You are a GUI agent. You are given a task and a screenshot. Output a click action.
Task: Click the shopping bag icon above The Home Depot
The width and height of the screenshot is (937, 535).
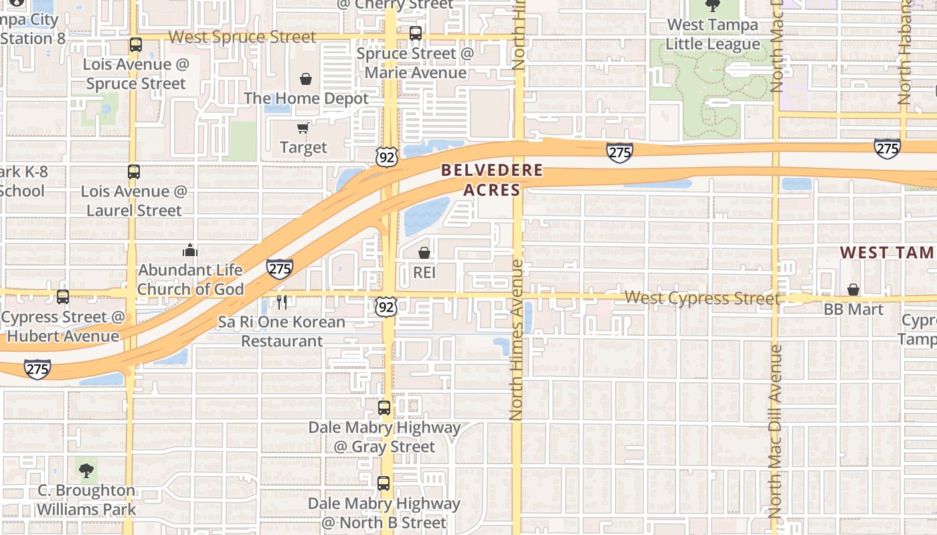[306, 79]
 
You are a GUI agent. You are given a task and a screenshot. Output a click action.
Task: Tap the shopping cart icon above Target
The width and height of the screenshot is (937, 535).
[303, 128]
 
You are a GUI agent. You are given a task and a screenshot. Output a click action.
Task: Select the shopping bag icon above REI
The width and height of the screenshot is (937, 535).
[424, 253]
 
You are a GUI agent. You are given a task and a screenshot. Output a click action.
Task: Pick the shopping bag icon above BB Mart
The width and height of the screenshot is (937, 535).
[853, 290]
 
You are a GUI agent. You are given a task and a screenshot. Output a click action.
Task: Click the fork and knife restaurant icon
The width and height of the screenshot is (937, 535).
[282, 302]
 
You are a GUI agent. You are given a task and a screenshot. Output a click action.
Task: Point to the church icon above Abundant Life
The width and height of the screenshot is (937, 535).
[190, 251]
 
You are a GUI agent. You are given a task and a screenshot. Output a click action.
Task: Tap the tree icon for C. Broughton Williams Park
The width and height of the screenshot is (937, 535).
[86, 470]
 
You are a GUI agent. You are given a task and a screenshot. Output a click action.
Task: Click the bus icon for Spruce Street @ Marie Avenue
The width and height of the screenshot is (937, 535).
[416, 33]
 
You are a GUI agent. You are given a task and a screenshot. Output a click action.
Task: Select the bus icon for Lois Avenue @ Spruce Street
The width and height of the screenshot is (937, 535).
[136, 45]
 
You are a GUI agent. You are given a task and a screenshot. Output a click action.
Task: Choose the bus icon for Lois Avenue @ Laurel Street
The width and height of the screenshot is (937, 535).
[134, 171]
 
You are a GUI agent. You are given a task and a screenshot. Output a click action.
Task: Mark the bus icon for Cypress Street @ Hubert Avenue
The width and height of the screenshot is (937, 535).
[63, 296]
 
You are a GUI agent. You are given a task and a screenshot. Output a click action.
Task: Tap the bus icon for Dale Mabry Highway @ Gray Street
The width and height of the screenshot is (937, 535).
[384, 407]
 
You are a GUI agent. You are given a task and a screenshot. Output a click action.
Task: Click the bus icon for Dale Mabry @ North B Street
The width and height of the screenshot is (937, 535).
[384, 484]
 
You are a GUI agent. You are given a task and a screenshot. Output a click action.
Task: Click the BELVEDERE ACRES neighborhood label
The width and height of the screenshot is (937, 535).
[492, 180]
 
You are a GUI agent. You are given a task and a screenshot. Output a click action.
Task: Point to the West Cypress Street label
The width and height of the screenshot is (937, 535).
[702, 298]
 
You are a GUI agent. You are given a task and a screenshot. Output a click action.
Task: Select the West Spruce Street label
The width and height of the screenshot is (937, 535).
[242, 37]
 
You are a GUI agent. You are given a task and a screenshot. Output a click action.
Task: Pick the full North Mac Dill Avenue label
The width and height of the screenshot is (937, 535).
[776, 431]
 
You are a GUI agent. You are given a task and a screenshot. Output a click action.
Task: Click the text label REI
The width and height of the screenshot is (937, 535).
[424, 272]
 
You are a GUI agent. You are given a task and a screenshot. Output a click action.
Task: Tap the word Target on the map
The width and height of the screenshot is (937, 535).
[303, 147]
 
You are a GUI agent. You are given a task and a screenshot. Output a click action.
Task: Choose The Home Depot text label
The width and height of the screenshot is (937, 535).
[306, 98]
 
